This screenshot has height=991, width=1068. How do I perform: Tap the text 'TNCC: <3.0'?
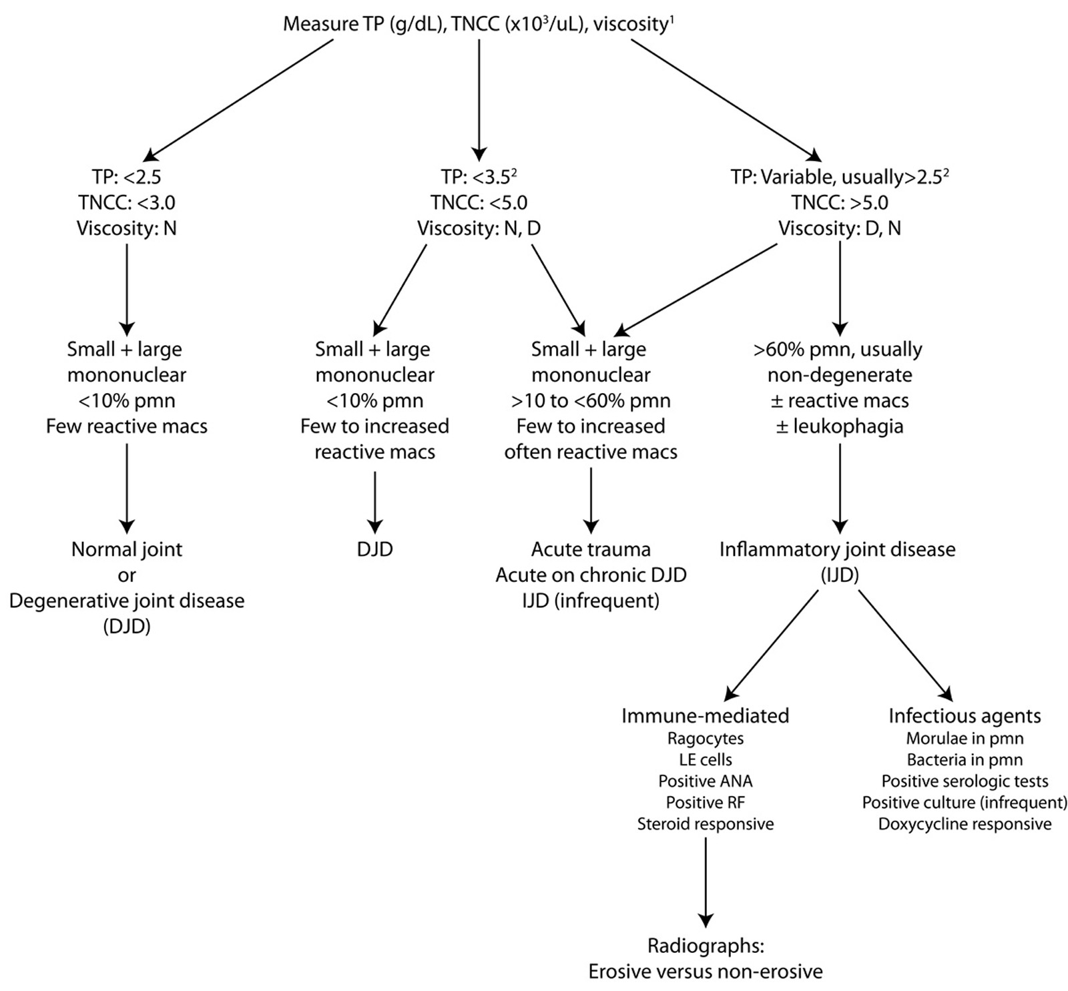[x=126, y=202]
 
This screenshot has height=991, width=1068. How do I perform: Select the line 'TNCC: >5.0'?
[x=839, y=202]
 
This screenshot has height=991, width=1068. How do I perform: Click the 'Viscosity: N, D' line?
[x=479, y=228]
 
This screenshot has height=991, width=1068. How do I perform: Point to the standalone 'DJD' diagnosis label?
[x=374, y=549]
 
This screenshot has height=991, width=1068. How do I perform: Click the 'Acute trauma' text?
[x=591, y=549]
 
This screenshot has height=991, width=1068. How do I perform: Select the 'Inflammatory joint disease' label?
[x=837, y=549]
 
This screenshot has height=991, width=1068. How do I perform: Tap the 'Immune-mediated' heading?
[x=705, y=715]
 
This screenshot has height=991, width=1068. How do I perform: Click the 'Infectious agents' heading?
[x=964, y=715]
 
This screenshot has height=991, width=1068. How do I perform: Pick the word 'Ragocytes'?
[x=705, y=738]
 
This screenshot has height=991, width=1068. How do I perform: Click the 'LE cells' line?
[x=705, y=759]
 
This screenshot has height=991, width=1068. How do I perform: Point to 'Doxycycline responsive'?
[x=964, y=823]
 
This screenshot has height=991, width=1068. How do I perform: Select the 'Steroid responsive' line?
[x=705, y=823]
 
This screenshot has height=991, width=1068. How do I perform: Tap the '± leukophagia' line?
[x=839, y=426]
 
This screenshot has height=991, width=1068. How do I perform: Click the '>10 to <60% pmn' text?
[x=591, y=400]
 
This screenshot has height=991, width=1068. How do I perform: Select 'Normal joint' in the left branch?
[x=126, y=549]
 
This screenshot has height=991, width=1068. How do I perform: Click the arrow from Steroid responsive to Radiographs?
[x=705, y=881]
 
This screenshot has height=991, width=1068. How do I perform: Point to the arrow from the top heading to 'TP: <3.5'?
[x=479, y=100]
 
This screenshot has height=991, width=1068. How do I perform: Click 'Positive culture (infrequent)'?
[x=964, y=802]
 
